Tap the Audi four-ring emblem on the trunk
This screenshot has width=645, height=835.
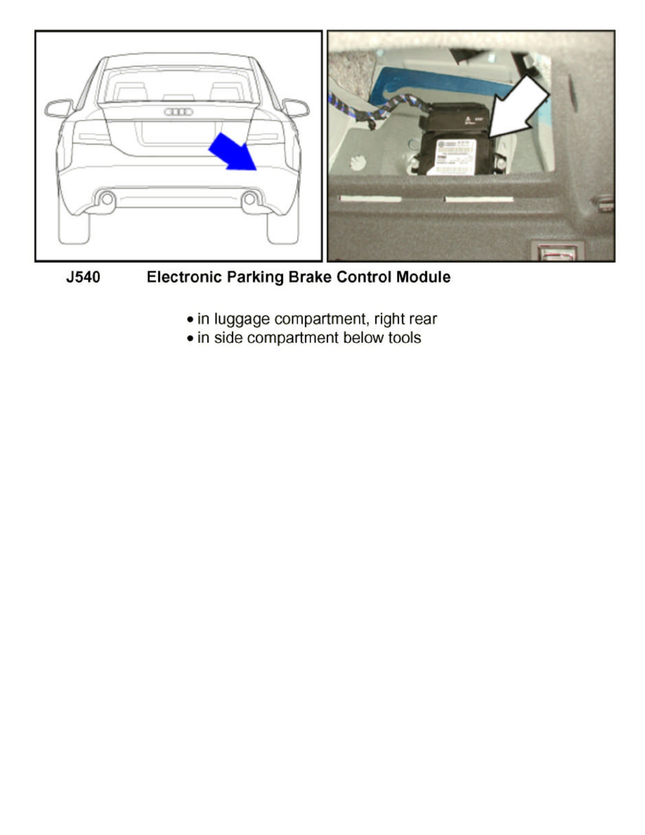pyautogui.click(x=178, y=112)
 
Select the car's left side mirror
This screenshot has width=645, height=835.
pyautogui.click(x=58, y=108)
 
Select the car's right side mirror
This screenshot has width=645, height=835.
pyautogui.click(x=296, y=108)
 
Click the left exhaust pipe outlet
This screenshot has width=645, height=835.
pyautogui.click(x=107, y=200)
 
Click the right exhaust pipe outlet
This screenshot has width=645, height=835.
pyautogui.click(x=249, y=200)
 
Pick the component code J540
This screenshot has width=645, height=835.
pyautogui.click(x=83, y=278)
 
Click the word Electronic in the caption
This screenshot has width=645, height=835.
pyautogui.click(x=181, y=278)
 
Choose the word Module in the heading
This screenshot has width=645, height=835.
pyautogui.click(x=424, y=278)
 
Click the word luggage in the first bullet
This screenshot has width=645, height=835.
pyautogui.click(x=242, y=319)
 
